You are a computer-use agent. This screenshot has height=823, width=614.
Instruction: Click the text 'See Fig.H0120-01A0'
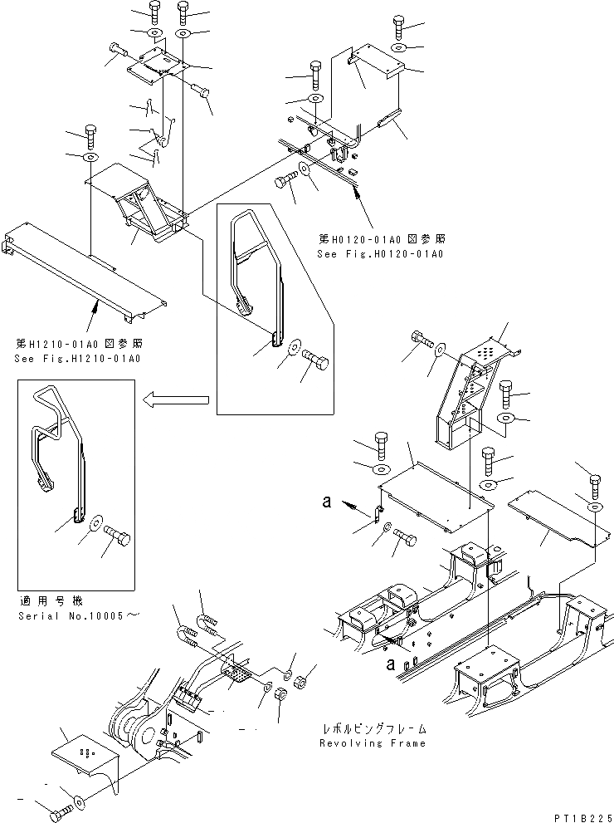click(x=380, y=253)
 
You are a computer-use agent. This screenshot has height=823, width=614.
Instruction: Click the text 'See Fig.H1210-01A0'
click(x=77, y=359)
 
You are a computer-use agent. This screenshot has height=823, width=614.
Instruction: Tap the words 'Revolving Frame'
click(x=373, y=743)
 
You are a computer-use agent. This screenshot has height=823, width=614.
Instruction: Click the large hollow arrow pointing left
click(x=176, y=401)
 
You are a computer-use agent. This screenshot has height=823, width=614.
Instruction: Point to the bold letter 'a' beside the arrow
click(x=328, y=502)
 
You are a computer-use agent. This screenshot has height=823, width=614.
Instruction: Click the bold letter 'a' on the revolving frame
click(x=389, y=662)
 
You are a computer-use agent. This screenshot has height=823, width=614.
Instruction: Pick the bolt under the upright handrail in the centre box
click(x=314, y=363)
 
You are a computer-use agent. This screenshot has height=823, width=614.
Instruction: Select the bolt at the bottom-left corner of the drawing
click(x=60, y=814)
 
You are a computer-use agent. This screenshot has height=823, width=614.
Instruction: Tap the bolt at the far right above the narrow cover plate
click(x=594, y=486)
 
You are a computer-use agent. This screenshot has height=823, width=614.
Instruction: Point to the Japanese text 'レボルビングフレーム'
click(x=373, y=728)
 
